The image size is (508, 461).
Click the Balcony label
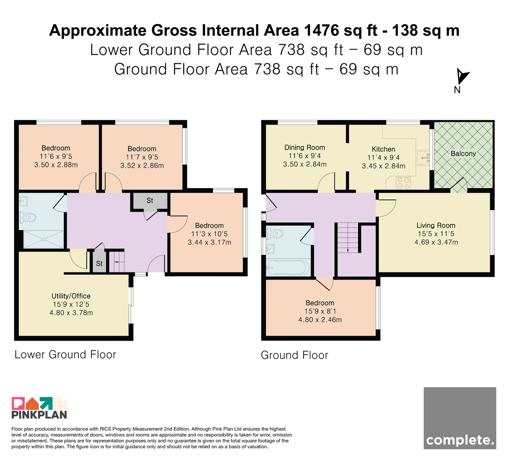(463, 153)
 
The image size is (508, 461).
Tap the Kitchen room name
(383, 149)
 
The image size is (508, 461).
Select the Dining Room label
(305, 147)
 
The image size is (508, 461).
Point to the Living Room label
(436, 225)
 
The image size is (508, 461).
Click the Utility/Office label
(71, 296)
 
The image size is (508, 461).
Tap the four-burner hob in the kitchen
(403, 183)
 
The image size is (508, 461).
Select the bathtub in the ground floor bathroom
(288, 267)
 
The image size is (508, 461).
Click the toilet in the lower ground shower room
(28, 217)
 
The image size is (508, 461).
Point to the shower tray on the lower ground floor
(43, 239)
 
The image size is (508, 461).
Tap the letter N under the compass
(457, 90)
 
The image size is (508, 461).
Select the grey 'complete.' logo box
(460, 418)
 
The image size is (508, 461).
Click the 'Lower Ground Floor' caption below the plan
(65, 355)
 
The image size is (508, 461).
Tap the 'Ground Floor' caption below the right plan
(295, 355)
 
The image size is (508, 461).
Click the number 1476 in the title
(322, 31)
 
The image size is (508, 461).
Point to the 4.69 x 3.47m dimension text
(436, 242)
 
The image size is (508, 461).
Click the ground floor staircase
(348, 238)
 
